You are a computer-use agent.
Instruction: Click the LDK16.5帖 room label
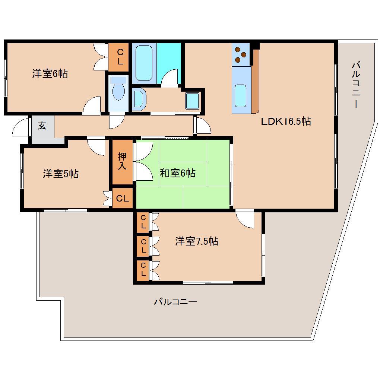(286, 121)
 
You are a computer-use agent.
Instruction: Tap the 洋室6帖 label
(50, 74)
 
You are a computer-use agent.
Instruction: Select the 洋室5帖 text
(61, 174)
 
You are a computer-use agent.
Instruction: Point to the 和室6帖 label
(178, 173)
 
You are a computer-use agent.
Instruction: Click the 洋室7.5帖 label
(197, 241)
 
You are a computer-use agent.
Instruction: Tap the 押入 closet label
(122, 161)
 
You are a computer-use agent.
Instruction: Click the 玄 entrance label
(42, 126)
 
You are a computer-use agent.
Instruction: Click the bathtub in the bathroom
(144, 63)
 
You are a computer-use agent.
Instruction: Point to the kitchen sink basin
(241, 96)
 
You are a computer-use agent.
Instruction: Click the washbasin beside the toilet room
(139, 99)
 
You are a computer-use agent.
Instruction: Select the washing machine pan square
(193, 101)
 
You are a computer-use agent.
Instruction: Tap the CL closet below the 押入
(123, 198)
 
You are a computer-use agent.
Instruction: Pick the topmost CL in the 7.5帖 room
(143, 222)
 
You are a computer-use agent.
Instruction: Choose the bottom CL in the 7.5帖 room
(143, 270)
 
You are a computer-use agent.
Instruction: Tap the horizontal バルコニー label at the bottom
(175, 302)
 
